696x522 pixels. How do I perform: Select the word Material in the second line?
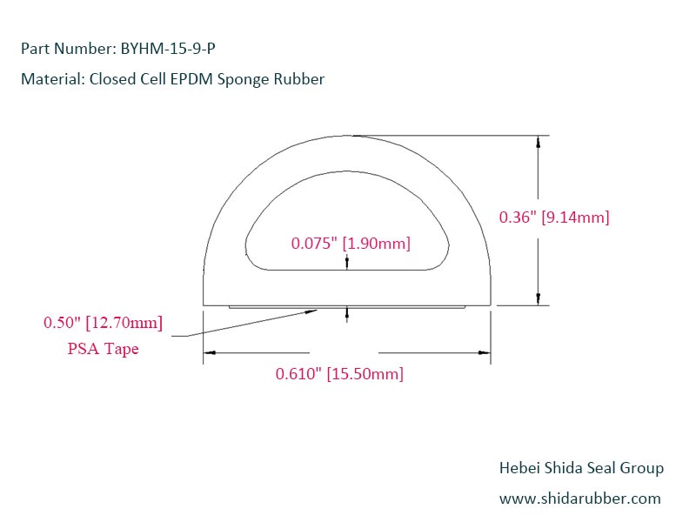(x=49, y=79)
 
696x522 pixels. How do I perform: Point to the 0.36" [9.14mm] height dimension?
(x=553, y=217)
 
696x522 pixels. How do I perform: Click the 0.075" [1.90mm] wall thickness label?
(x=350, y=244)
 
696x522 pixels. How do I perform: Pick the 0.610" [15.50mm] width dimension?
(x=339, y=374)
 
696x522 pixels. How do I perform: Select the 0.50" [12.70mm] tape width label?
(x=103, y=324)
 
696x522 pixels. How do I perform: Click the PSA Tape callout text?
(x=103, y=349)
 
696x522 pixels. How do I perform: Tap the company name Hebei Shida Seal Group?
(x=580, y=468)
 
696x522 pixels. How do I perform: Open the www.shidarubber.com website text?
(x=579, y=499)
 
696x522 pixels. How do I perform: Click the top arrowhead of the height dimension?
(x=539, y=143)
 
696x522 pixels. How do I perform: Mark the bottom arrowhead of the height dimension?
(x=539, y=298)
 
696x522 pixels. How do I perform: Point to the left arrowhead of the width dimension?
(x=210, y=352)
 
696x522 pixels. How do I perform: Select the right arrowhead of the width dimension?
(x=485, y=352)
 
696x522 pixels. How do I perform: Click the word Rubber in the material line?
(x=301, y=79)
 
